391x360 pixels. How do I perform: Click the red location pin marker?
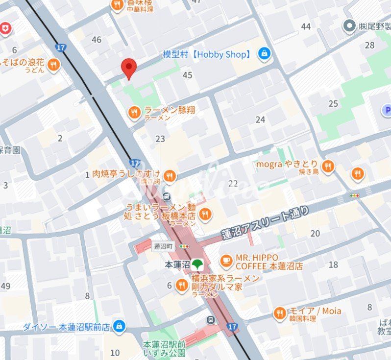[x=128, y=68]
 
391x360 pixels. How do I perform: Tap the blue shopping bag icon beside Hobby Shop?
[x=264, y=54]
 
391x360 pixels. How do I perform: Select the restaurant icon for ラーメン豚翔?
[x=134, y=113]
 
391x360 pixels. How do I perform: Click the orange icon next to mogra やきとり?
[x=328, y=167]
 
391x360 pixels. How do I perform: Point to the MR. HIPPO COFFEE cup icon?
[x=226, y=261]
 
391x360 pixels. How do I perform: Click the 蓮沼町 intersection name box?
[x=164, y=246]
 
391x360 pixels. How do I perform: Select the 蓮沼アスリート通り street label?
[x=265, y=223]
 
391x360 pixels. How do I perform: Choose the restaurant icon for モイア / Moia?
[x=279, y=313]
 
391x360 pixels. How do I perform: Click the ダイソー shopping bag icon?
[x=119, y=326]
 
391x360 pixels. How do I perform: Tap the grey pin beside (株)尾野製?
[x=349, y=26]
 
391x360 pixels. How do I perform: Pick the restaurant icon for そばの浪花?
[x=53, y=65]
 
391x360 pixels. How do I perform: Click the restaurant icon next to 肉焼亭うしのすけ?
[x=170, y=175]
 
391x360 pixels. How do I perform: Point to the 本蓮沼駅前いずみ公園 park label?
[x=164, y=348]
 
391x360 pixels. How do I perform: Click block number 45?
[x=187, y=75]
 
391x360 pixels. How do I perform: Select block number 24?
[x=260, y=120]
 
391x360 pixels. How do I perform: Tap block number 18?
[x=333, y=264]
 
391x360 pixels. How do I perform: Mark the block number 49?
[x=6, y=286]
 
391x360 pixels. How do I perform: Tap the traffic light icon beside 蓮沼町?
[x=184, y=246]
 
